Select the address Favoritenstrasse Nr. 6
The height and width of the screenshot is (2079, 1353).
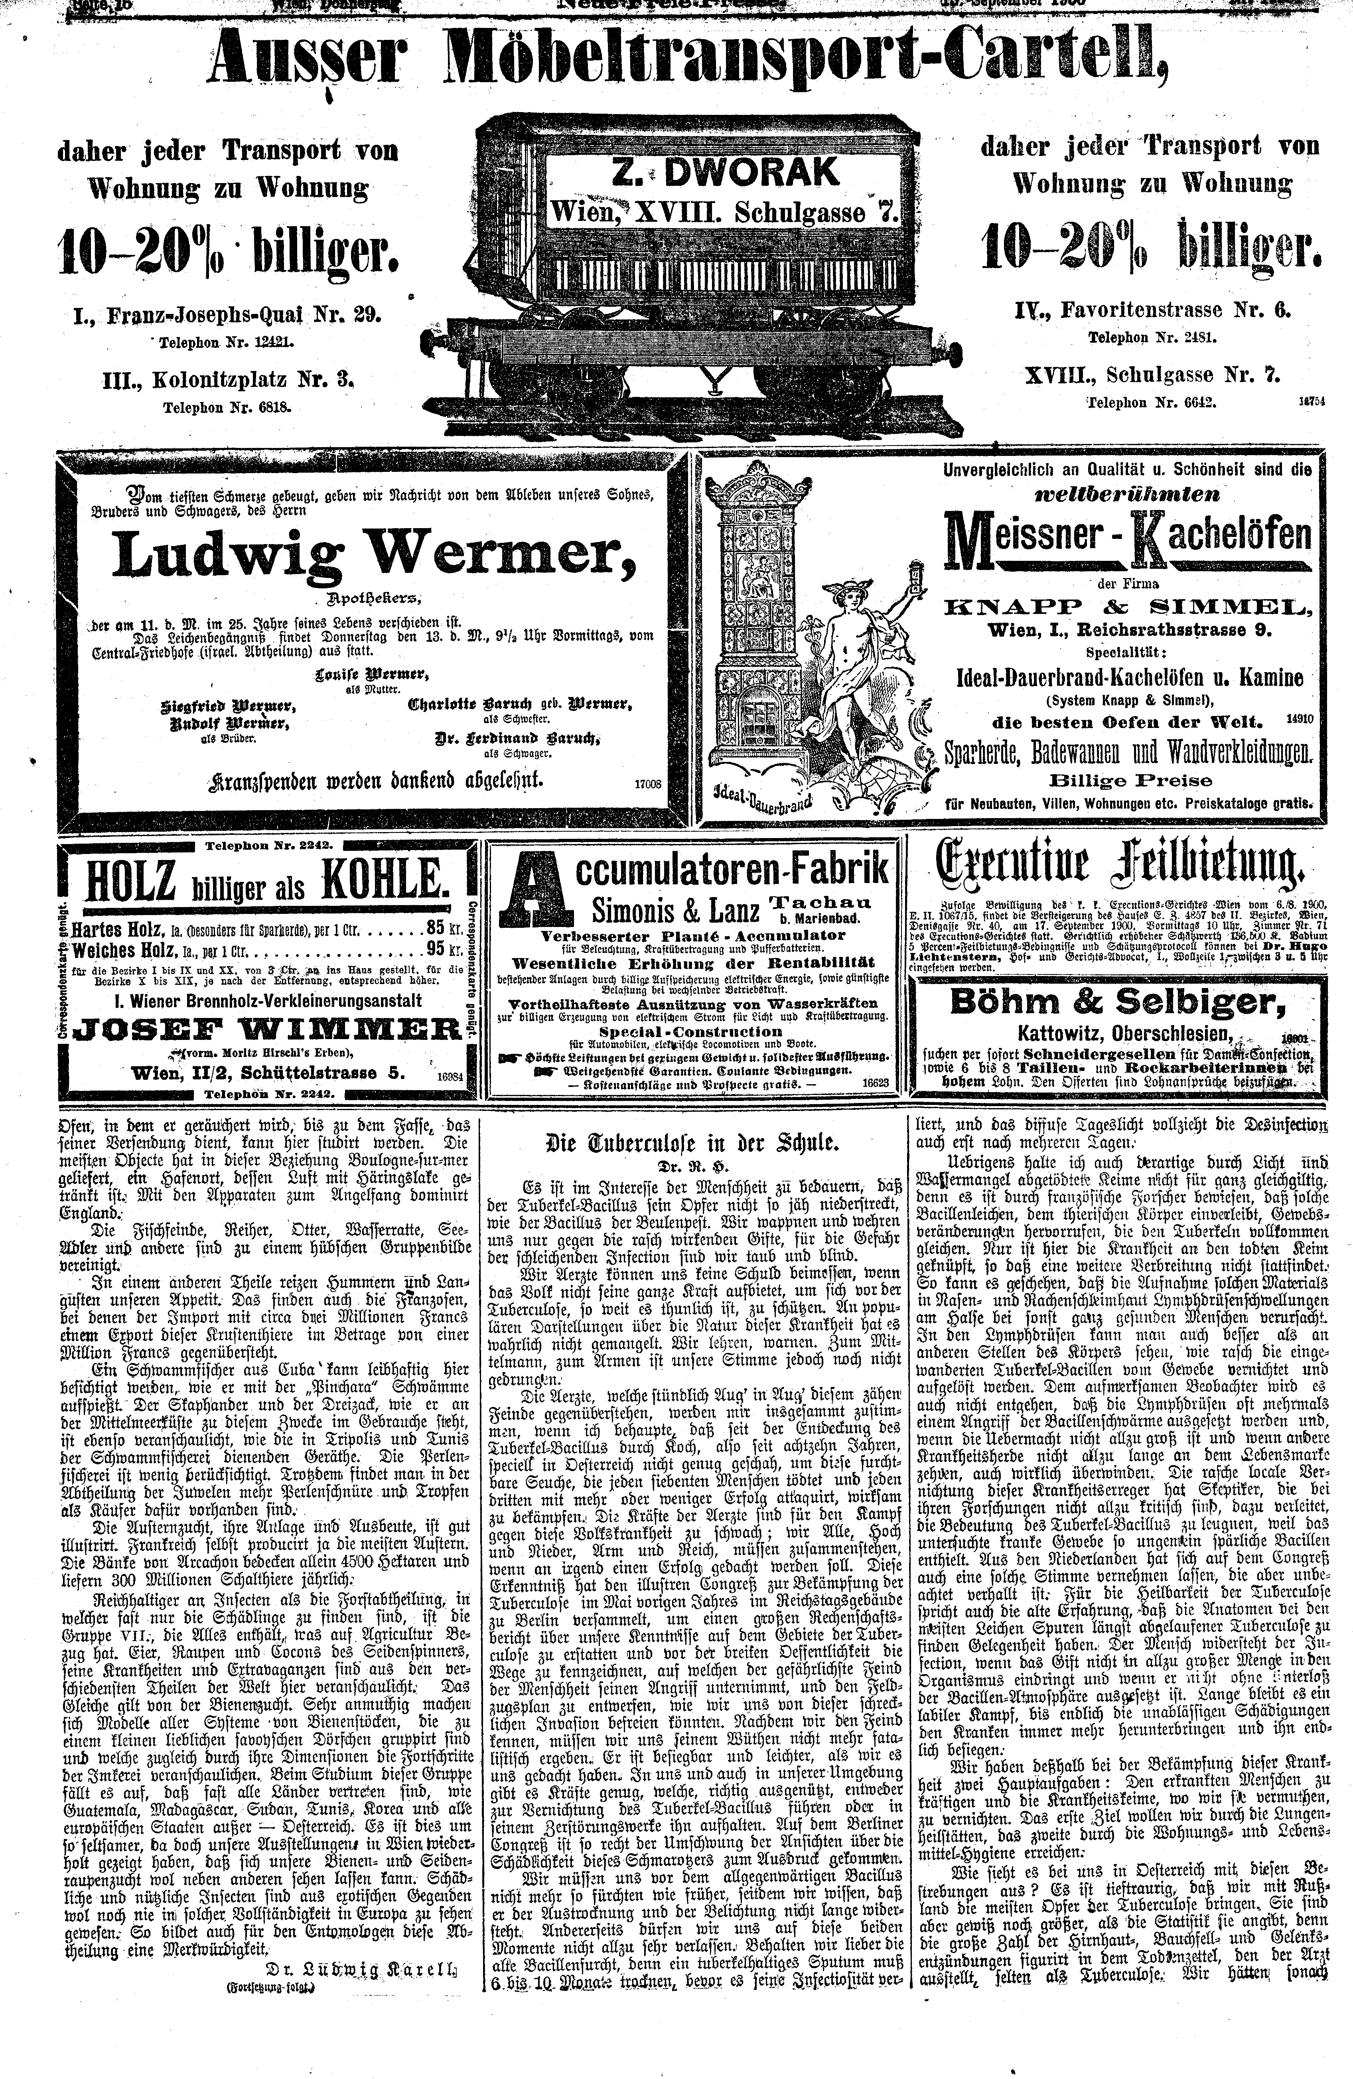1152,309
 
